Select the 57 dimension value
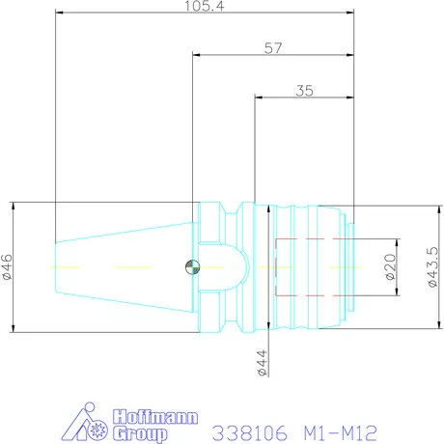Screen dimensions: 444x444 [274, 47]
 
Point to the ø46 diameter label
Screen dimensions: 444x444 [8, 267]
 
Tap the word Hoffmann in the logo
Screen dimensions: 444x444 [156, 418]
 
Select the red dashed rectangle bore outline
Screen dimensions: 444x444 [308, 266]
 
